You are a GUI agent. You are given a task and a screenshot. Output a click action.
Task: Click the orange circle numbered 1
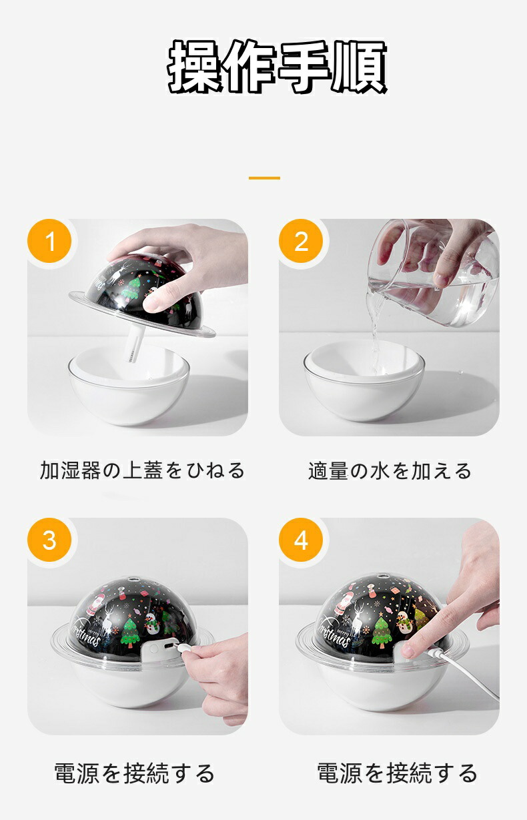click(49, 241)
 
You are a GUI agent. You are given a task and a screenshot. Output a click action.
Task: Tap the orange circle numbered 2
click(301, 241)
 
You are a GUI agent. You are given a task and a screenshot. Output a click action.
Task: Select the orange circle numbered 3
click(49, 540)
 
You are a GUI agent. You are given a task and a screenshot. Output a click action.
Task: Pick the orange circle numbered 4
click(301, 540)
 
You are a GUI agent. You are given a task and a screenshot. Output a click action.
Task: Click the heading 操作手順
click(278, 66)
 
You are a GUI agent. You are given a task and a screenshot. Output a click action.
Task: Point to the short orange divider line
click(264, 178)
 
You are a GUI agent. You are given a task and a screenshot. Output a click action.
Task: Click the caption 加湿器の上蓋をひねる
click(142, 470)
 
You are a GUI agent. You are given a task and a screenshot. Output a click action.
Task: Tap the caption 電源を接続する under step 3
click(134, 773)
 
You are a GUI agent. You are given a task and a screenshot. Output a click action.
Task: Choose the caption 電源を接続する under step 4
click(397, 773)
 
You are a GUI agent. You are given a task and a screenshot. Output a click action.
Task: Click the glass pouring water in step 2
click(434, 273)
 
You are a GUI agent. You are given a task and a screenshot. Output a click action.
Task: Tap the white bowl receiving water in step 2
click(364, 381)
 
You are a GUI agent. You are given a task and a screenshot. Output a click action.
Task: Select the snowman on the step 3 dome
click(151, 623)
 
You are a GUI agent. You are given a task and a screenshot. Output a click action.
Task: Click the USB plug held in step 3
click(182, 648)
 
